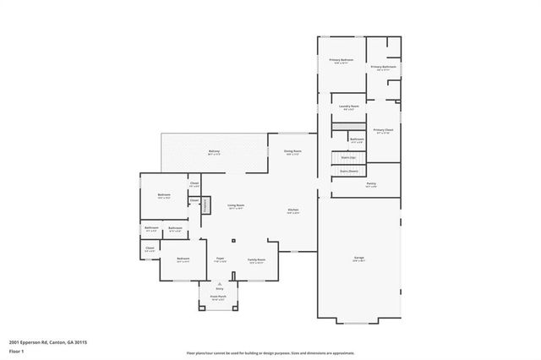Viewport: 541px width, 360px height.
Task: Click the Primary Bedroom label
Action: click(342, 61)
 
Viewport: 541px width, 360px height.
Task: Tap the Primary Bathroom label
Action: click(383, 68)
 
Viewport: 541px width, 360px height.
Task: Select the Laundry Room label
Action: click(349, 106)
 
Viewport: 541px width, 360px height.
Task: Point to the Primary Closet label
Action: click(383, 130)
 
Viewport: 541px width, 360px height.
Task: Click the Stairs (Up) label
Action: click(347, 157)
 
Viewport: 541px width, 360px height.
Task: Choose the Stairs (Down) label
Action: click(347, 171)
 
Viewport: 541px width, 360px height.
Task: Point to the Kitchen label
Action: click(292, 210)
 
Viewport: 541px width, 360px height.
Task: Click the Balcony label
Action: click(215, 152)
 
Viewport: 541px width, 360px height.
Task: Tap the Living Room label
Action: click(235, 206)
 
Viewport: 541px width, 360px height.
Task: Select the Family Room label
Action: click(256, 260)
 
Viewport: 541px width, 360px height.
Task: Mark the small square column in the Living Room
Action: click(233, 239)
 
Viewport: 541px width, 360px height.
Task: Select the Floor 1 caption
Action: click(16, 351)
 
